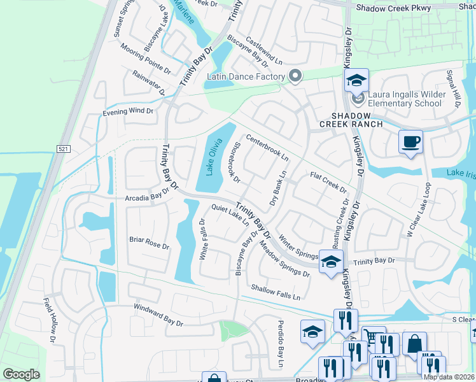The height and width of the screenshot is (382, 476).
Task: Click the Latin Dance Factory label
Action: pyautogui.click(x=245, y=77)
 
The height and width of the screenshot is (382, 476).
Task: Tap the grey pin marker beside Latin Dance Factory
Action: pyautogui.click(x=295, y=76)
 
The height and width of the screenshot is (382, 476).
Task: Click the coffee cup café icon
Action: pyautogui.click(x=410, y=141)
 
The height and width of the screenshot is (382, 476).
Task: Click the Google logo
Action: pyautogui.click(x=22, y=374)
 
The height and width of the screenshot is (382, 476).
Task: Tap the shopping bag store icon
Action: pyautogui.click(x=414, y=344)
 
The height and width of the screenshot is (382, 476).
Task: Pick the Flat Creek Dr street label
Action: pyautogui.click(x=328, y=183)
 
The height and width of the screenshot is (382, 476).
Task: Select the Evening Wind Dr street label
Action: pyautogui.click(x=129, y=111)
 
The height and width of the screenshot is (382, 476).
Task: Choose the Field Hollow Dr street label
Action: pyautogui.click(x=50, y=320)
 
